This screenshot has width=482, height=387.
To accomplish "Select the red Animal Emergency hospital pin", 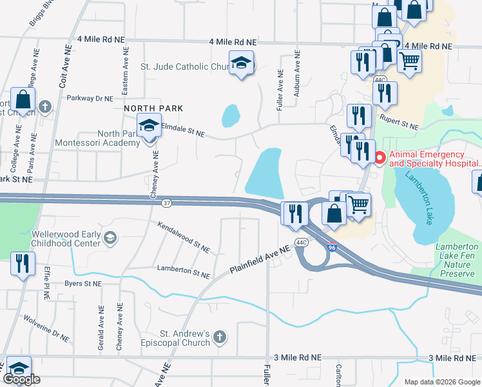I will coord(380,157).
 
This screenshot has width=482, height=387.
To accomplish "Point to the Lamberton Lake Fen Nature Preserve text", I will coord(457,260).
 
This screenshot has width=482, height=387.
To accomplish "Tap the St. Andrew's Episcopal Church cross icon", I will coord(220,337).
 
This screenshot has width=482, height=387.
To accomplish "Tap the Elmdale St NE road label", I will coord(182,130).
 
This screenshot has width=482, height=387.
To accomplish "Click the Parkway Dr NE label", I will coord(90,99).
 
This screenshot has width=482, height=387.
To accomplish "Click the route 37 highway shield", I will coord(166,203).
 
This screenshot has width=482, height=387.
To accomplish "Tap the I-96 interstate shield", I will coord(331,247).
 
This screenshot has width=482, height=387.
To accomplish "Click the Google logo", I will coord(21,379).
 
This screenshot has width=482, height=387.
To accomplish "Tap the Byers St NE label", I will coord(84,283).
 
